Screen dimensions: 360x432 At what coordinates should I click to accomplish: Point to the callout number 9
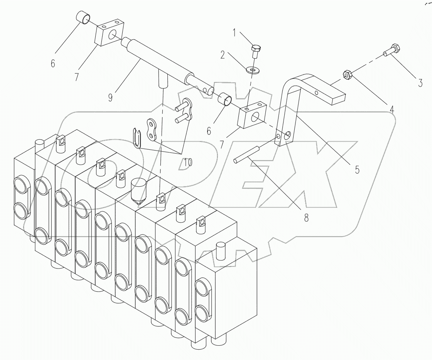tap(111, 97)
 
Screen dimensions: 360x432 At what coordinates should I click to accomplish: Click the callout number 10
tap(187, 162)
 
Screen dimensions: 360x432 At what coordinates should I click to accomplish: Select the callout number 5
tap(357, 169)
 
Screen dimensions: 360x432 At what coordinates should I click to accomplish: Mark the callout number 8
tap(306, 218)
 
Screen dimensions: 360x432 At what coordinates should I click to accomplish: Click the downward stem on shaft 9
tap(163, 80)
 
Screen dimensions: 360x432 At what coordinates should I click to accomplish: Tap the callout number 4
tap(392, 109)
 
